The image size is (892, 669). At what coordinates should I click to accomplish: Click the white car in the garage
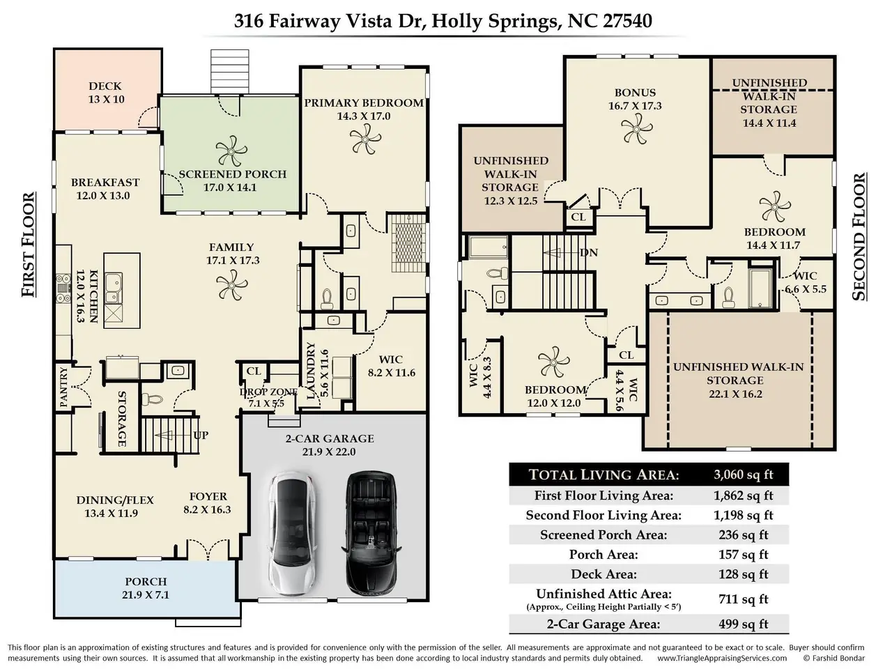293,532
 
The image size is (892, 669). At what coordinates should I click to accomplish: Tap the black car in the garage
371,532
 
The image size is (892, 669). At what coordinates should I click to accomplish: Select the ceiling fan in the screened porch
231,151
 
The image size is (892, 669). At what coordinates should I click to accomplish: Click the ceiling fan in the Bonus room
636,128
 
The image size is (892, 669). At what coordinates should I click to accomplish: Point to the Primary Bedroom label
364,103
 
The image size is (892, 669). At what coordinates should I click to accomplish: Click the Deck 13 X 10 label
106,93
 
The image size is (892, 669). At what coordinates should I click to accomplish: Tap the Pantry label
64,387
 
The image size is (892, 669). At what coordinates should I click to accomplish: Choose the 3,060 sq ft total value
744,475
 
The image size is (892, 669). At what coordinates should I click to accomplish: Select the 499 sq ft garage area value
744,624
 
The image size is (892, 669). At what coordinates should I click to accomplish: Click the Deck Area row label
603,574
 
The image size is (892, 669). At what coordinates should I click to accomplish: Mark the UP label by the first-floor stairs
201,436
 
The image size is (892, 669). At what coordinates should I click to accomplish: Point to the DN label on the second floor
589,253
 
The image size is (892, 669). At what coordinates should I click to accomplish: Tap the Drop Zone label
268,392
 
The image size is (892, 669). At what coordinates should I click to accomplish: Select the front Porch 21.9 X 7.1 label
146,588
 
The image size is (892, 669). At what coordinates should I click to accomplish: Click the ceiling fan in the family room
231,285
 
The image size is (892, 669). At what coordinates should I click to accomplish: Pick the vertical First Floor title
29,245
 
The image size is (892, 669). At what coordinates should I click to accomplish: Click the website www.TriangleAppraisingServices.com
722,658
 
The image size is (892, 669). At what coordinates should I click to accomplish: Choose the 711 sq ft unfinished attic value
744,599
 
